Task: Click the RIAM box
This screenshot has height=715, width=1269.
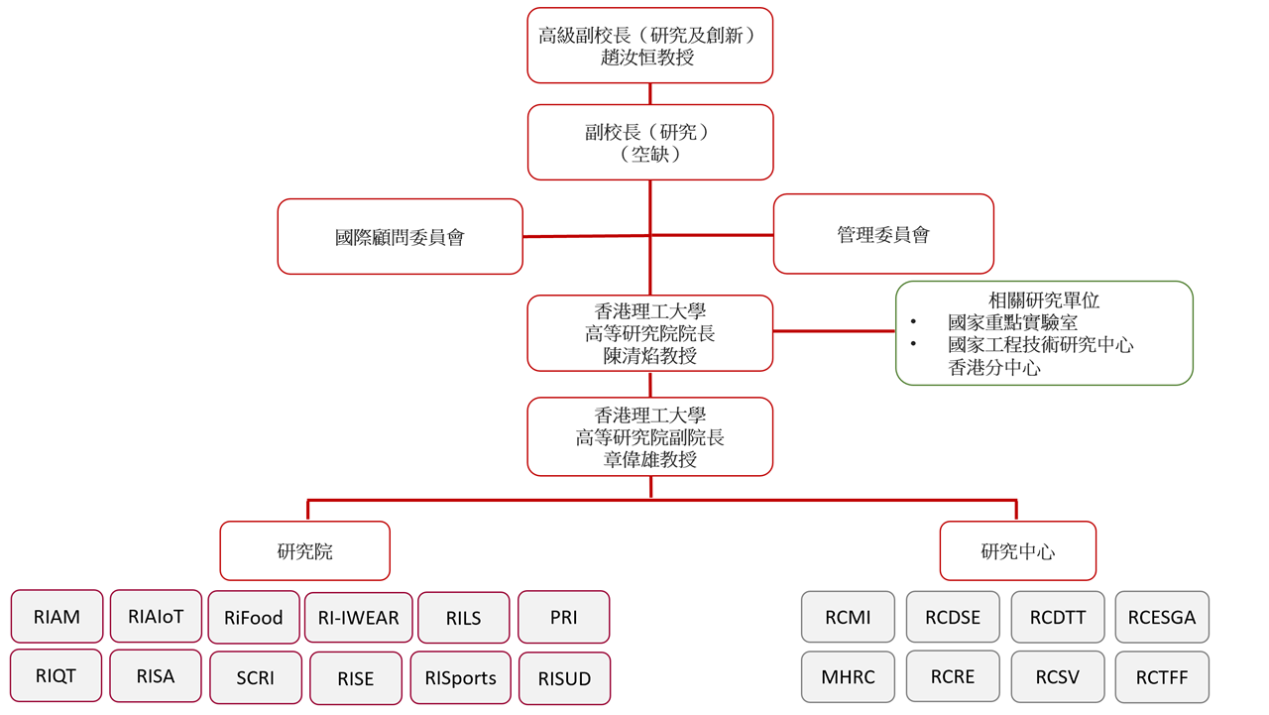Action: [x=57, y=617]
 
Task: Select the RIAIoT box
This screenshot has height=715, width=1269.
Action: [x=156, y=616]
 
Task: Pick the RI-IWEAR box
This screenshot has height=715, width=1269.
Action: [x=358, y=618]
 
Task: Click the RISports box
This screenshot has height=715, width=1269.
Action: [x=460, y=678]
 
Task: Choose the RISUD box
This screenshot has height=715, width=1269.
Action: [x=564, y=679]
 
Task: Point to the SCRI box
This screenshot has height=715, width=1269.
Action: [x=256, y=678]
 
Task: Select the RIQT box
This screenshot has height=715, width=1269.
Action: [x=56, y=675]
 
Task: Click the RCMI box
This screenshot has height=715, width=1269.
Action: [x=848, y=617]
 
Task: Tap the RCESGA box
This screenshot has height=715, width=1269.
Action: [x=1162, y=617]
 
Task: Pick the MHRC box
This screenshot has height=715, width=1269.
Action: [x=848, y=677]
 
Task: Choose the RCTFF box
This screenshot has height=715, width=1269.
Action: [x=1162, y=678]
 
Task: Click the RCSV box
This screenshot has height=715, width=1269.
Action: [x=1057, y=677]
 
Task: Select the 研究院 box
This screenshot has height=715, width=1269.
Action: [x=304, y=551]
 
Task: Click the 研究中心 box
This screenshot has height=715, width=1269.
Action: [x=1017, y=551]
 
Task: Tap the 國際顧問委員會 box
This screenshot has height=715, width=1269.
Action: [x=400, y=237]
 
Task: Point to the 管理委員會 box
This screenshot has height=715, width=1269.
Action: [x=883, y=234]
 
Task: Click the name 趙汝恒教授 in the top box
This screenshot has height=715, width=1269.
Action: [x=649, y=58]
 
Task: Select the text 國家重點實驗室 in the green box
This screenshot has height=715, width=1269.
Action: [x=1012, y=322]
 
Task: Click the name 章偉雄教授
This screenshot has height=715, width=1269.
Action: [x=649, y=459]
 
